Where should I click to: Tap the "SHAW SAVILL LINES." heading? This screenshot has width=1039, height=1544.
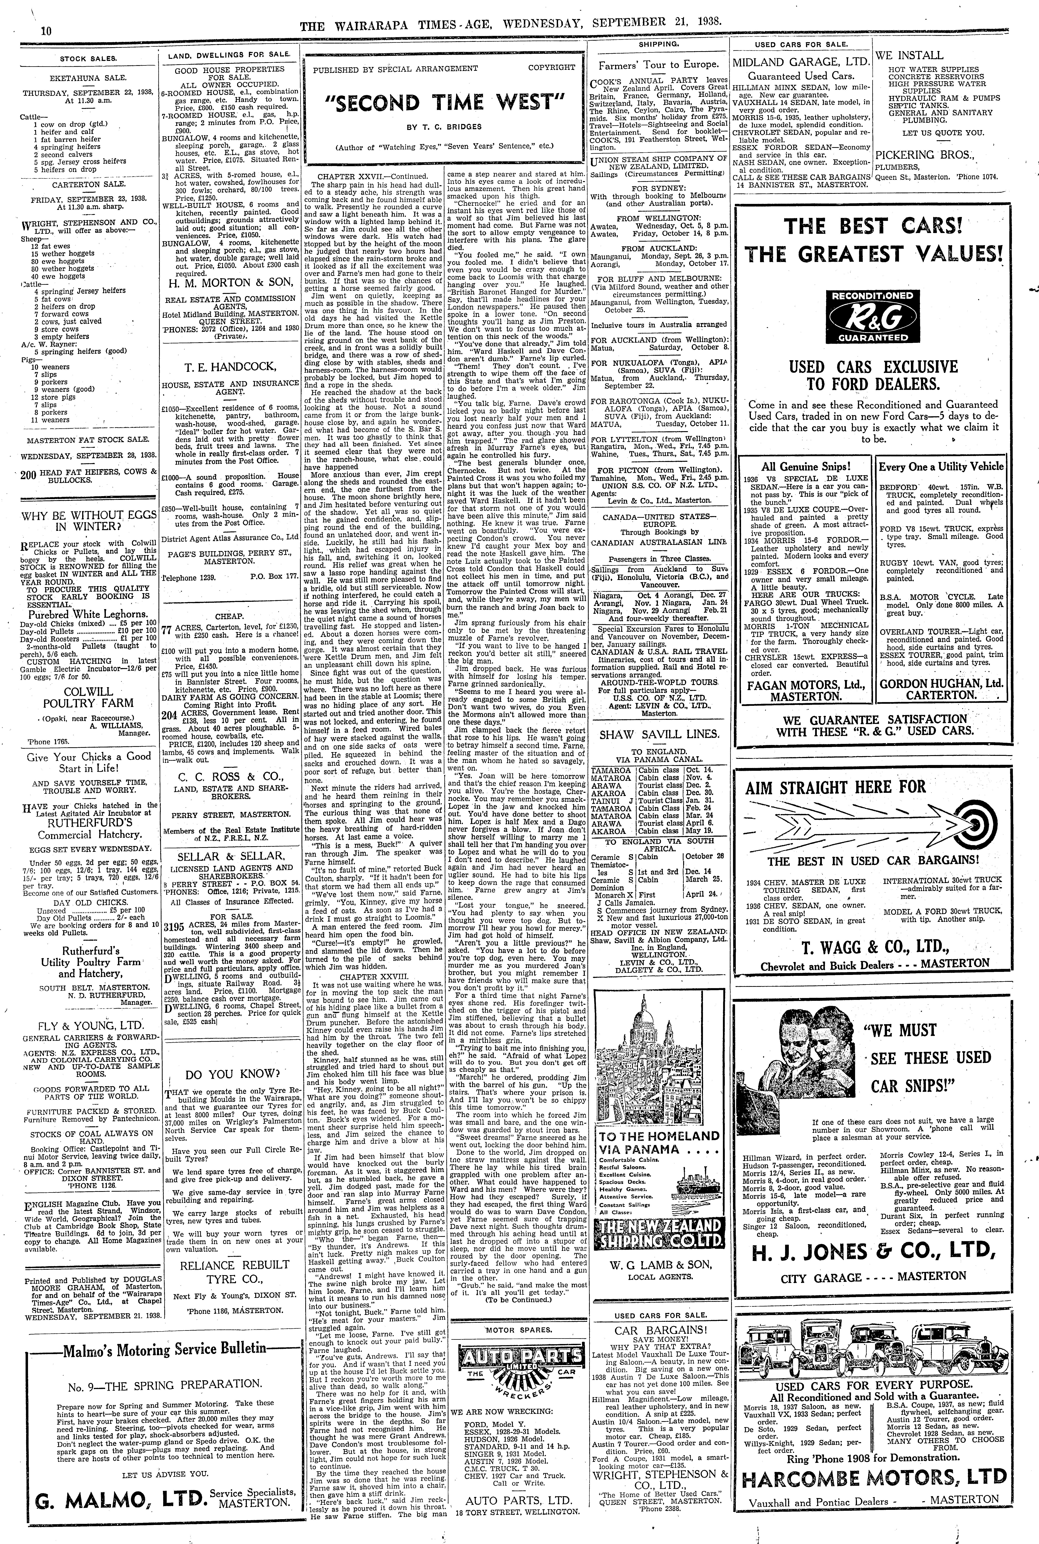pyautogui.click(x=659, y=734)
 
